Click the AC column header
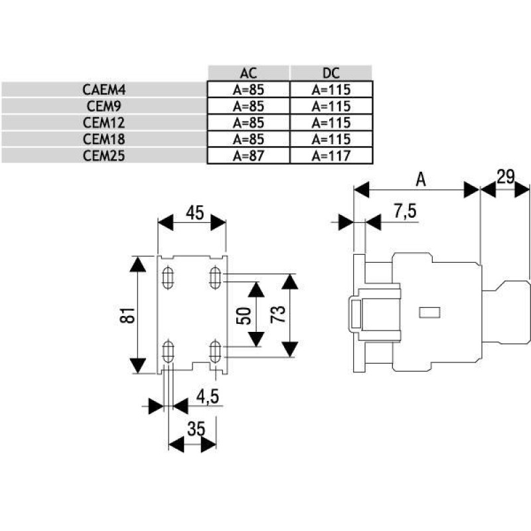[248, 73]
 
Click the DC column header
[331, 73]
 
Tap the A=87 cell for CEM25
[248, 156]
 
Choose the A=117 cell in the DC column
[331, 156]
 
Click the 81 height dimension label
[131, 315]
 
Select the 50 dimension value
[243, 315]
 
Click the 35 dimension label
[194, 429]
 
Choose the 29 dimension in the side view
[506, 177]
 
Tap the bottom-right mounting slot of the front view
[216, 349]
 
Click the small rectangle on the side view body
[431, 311]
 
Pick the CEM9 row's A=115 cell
[331, 106]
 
